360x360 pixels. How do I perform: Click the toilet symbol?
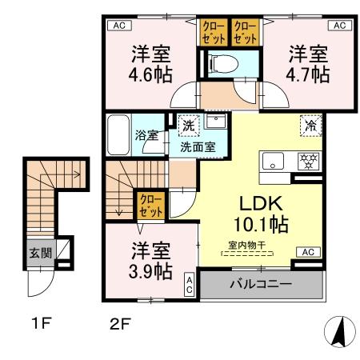(223, 64)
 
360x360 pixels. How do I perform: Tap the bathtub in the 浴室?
(118, 134)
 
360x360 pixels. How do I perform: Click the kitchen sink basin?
(273, 161)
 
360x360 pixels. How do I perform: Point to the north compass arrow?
(339, 332)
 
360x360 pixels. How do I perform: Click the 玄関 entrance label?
(41, 253)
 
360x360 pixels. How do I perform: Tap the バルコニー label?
(261, 284)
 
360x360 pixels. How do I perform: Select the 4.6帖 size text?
(150, 74)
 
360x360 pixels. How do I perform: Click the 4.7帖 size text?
(308, 74)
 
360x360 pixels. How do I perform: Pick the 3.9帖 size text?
(150, 271)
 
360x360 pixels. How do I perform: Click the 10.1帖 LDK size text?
(261, 225)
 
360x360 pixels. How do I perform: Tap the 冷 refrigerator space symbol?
(310, 126)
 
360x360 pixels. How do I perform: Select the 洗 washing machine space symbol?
(189, 126)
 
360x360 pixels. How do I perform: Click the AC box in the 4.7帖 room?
(340, 26)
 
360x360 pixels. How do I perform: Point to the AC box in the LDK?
(308, 252)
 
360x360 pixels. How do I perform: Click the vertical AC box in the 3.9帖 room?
(189, 285)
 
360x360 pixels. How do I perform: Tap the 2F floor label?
(120, 324)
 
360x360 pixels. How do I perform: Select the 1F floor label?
(41, 324)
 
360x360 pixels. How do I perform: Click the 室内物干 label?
(247, 245)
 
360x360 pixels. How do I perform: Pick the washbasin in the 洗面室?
(216, 122)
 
